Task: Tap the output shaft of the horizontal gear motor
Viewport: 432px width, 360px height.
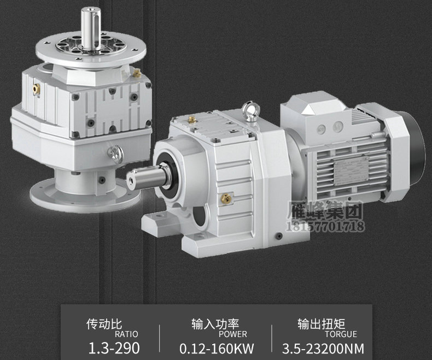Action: click(x=146, y=176)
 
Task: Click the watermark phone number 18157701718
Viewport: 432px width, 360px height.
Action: click(x=326, y=226)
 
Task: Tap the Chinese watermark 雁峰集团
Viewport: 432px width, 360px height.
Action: click(x=325, y=211)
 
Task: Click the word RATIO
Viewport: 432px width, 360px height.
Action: click(x=126, y=334)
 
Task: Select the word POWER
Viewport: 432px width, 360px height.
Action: click(x=233, y=334)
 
